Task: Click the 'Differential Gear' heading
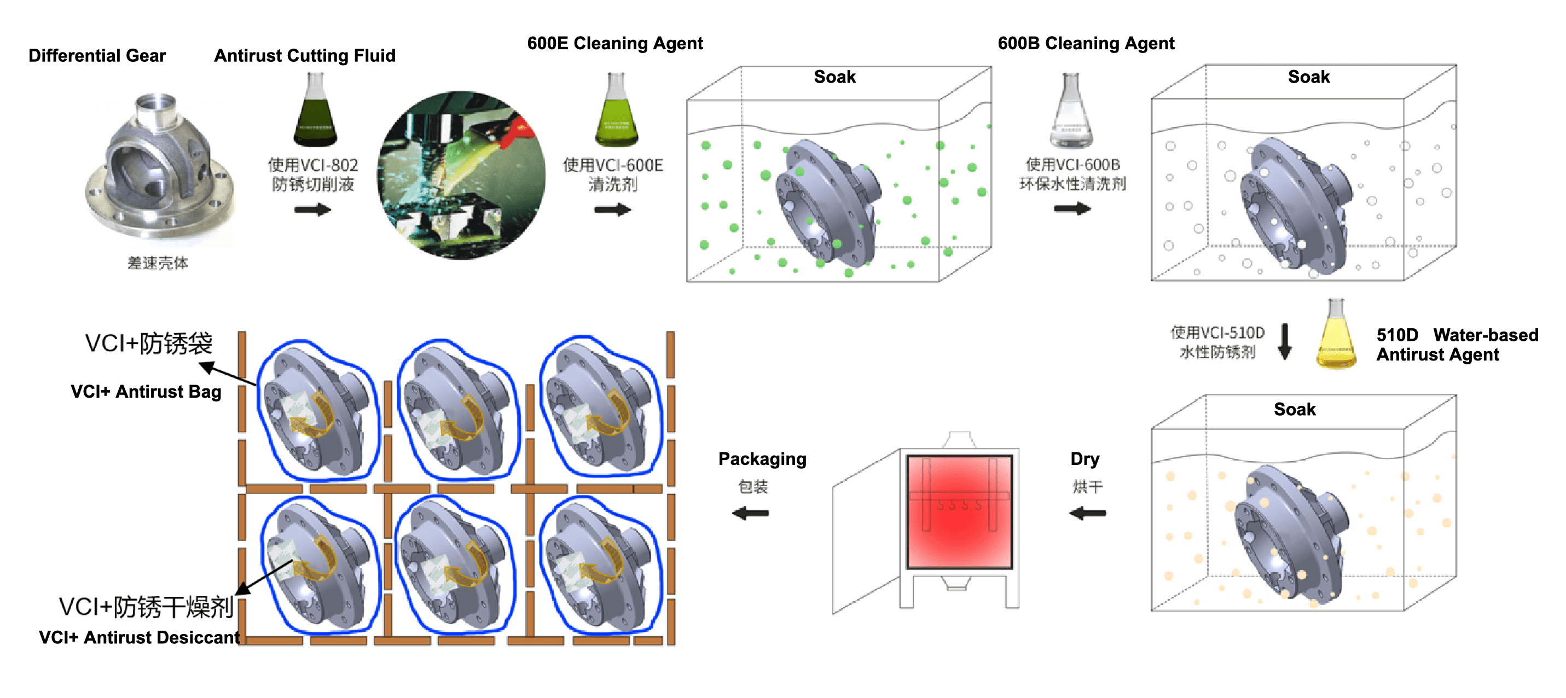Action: (97, 56)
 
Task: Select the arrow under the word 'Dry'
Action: (1088, 513)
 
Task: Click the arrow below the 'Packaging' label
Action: (751, 513)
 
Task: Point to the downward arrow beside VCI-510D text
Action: (1285, 341)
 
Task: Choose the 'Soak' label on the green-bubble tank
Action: (834, 77)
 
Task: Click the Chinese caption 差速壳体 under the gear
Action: (158, 263)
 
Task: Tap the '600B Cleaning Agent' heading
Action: (1086, 44)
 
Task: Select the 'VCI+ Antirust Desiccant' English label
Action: (139, 637)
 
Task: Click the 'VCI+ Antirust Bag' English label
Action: (146, 392)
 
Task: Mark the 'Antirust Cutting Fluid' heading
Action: (305, 56)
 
